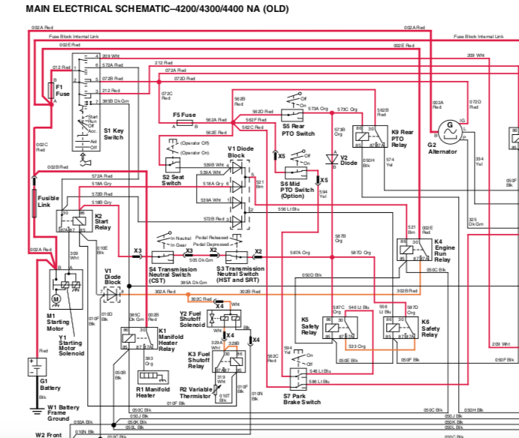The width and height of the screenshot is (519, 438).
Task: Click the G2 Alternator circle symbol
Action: click(x=450, y=129)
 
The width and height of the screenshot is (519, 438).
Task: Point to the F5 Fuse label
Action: click(x=185, y=115)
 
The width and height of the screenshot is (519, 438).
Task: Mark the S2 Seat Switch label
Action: click(x=172, y=180)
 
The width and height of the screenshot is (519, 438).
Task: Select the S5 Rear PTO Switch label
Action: click(x=298, y=130)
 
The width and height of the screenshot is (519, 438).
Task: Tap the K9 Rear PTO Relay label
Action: click(x=400, y=139)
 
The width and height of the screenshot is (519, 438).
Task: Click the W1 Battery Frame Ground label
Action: click(x=59, y=412)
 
